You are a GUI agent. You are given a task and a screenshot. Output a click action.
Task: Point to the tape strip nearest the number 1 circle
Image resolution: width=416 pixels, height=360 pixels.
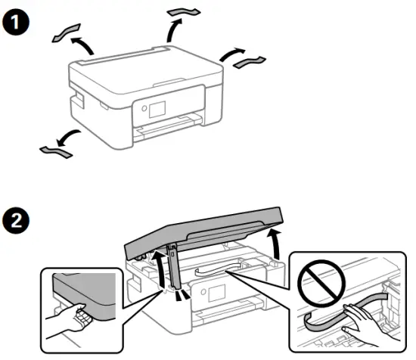66,34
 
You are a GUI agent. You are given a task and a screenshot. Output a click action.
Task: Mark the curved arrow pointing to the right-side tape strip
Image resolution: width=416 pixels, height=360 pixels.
230,55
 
